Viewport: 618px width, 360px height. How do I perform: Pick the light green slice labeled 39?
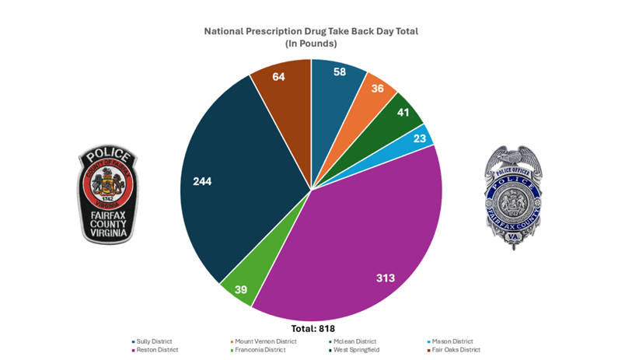pos(241,288)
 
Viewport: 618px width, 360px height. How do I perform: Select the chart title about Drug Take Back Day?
pos(311,32)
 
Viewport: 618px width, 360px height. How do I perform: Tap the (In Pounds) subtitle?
pos(311,44)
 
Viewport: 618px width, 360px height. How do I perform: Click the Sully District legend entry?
pos(156,341)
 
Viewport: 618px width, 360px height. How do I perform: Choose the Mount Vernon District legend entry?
pos(265,341)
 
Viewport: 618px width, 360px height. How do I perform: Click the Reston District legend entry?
pos(158,350)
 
